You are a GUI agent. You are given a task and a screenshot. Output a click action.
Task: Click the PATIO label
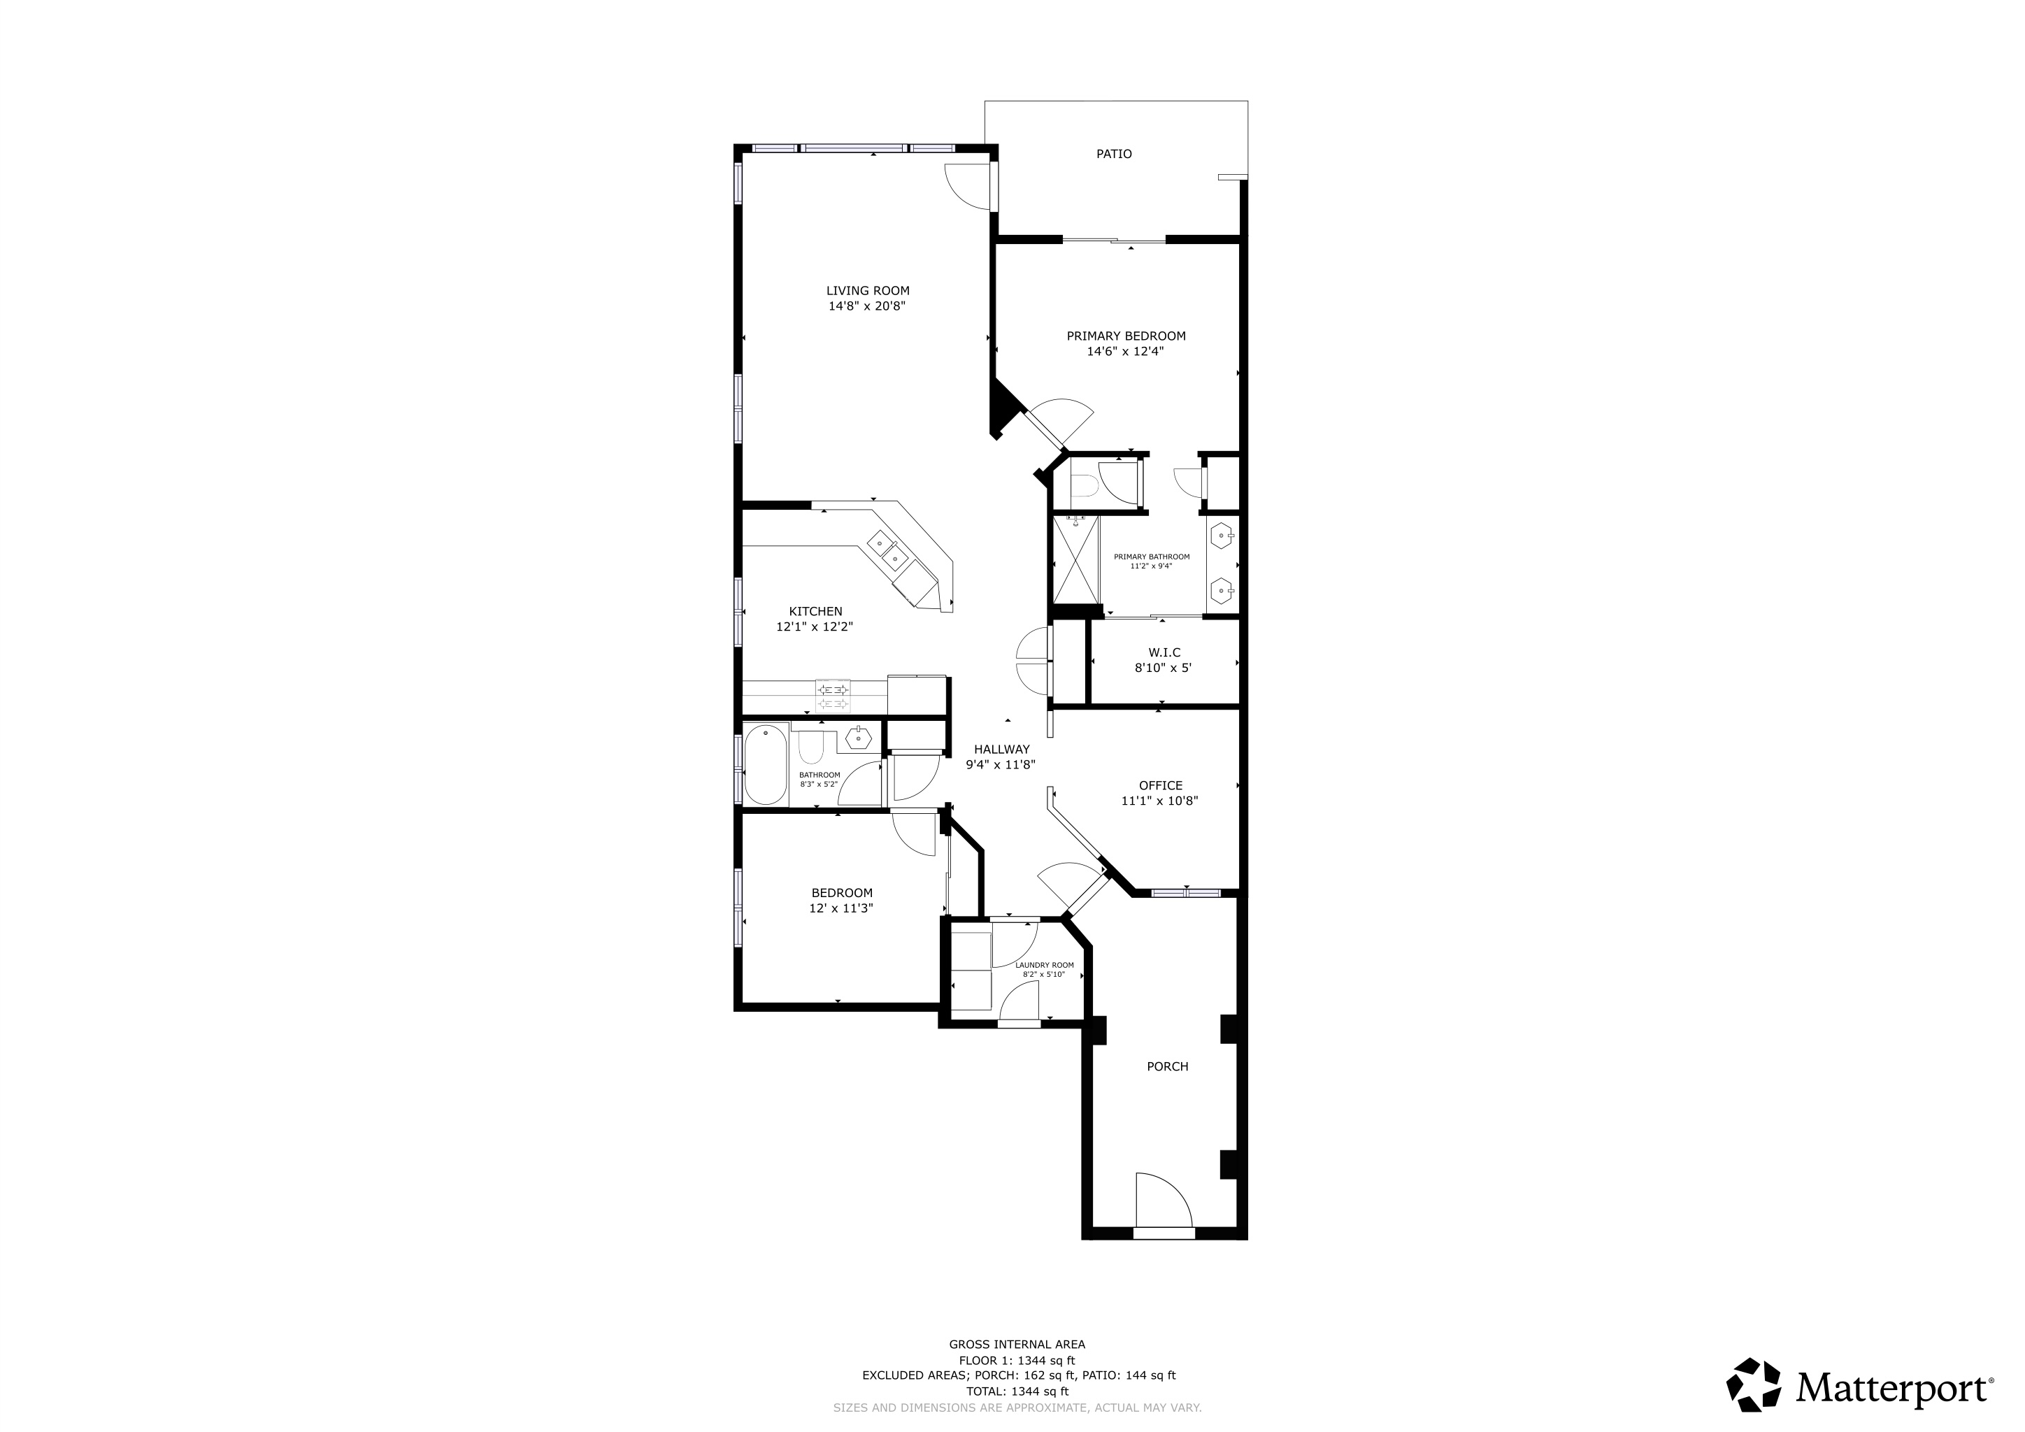tap(1114, 155)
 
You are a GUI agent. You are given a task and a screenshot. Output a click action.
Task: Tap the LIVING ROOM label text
tap(868, 291)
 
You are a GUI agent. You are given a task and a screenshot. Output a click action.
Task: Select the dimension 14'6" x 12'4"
tap(1125, 352)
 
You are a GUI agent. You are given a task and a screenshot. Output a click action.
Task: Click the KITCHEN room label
tap(815, 611)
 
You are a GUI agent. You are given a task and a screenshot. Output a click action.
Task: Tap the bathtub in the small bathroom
tap(766, 764)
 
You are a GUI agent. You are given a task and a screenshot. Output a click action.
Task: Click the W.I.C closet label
tap(1164, 652)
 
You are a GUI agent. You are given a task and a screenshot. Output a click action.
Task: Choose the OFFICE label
tap(1161, 786)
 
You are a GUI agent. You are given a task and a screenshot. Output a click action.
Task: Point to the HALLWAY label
tap(1002, 750)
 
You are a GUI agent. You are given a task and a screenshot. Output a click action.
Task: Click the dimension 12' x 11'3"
tap(841, 908)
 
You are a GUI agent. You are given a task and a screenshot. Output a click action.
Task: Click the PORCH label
tap(1168, 1067)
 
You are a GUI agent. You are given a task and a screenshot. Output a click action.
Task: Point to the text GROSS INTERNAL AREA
tap(1017, 1345)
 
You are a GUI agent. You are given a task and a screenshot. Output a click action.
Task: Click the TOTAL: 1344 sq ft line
tap(1017, 1391)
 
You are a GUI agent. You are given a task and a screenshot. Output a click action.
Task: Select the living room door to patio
tap(970, 187)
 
